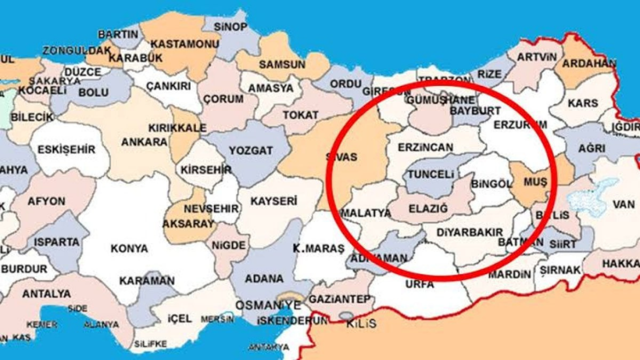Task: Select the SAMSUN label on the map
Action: (282, 64)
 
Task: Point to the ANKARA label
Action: (144, 142)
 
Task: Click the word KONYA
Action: (129, 248)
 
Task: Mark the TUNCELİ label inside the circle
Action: (431, 174)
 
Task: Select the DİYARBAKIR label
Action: (469, 232)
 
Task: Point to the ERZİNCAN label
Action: (425, 147)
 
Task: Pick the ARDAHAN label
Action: (589, 64)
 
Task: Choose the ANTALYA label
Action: (46, 293)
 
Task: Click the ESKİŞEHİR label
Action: (69, 149)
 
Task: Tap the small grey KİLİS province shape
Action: (346, 315)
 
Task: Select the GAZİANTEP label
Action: (340, 299)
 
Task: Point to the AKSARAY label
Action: (188, 223)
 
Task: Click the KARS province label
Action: (583, 103)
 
